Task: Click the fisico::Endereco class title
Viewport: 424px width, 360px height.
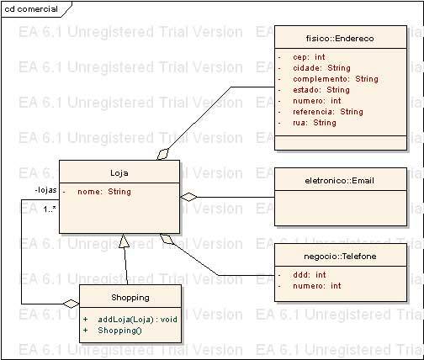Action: pyautogui.click(x=340, y=38)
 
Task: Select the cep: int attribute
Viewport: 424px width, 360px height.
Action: pyautogui.click(x=309, y=57)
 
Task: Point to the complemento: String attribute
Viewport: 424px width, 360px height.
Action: pyautogui.click(x=336, y=79)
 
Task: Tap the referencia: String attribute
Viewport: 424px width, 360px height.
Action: pyautogui.click(x=328, y=112)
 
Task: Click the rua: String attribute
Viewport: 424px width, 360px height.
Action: pyautogui.click(x=315, y=123)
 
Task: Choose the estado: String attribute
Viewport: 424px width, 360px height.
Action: pyautogui.click(x=321, y=90)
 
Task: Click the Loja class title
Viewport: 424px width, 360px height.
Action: pyautogui.click(x=119, y=172)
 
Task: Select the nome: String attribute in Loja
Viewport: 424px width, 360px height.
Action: pyautogui.click(x=104, y=192)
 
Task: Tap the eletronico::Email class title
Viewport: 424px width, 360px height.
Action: pyautogui.click(x=339, y=181)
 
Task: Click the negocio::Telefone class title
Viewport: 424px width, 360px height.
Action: pyautogui.click(x=340, y=256)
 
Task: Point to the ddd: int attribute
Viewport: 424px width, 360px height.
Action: pyautogui.click(x=310, y=275)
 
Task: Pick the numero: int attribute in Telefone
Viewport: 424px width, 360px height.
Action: pyautogui.click(x=317, y=286)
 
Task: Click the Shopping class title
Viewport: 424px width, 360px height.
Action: pyautogui.click(x=130, y=298)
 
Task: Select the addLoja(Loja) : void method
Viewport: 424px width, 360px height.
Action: pyautogui.click(x=137, y=320)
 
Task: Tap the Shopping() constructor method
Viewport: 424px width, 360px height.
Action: pyautogui.click(x=119, y=331)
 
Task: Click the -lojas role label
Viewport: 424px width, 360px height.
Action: pyautogui.click(x=45, y=190)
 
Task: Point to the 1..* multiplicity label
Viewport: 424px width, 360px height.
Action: pyautogui.click(x=50, y=209)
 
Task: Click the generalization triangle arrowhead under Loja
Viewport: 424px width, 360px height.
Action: pyautogui.click(x=124, y=241)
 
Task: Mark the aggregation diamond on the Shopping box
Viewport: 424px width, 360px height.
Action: pyautogui.click(x=71, y=304)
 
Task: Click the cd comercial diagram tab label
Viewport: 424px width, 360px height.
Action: pyautogui.click(x=31, y=9)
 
